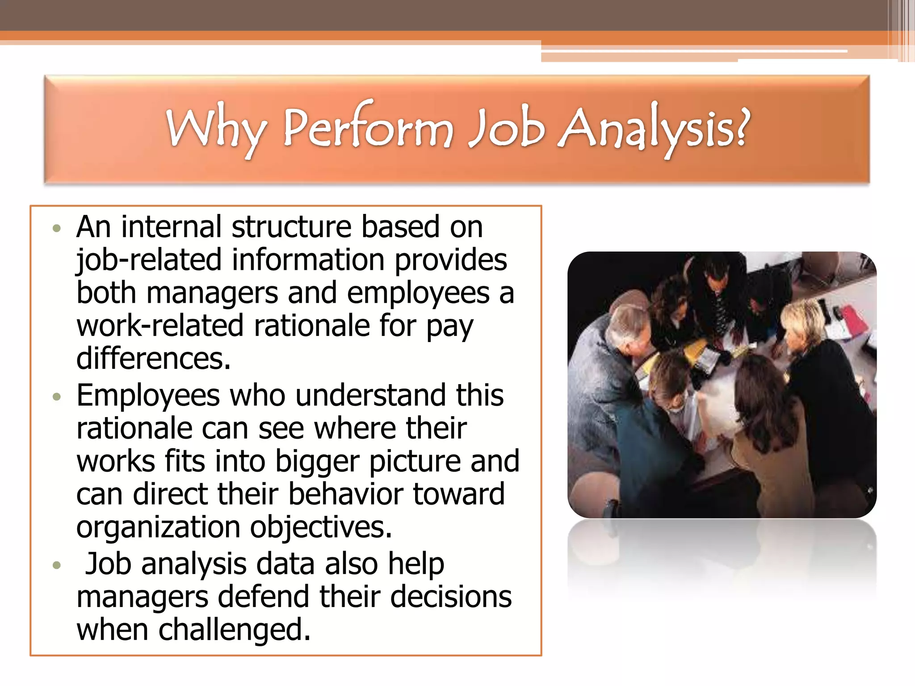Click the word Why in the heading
(216, 130)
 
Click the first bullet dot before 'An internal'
(56, 229)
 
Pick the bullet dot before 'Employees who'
(56, 397)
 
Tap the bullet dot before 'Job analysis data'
(56, 565)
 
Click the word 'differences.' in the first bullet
(153, 359)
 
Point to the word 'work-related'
(159, 326)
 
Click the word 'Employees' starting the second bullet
(148, 396)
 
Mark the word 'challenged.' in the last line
(234, 629)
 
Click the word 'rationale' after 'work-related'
(311, 326)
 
